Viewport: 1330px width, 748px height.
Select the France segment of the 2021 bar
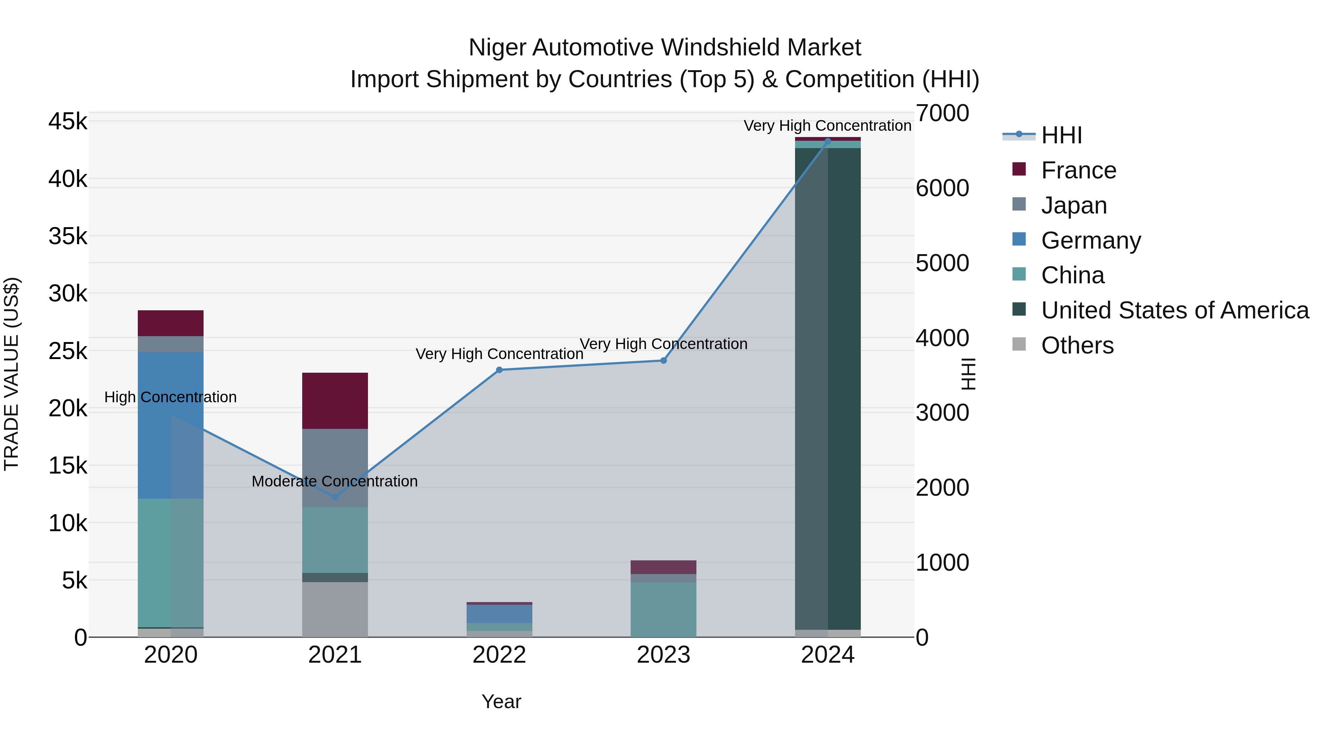(335, 400)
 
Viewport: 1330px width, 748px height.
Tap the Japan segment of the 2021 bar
(335, 467)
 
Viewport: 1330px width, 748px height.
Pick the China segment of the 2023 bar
(664, 609)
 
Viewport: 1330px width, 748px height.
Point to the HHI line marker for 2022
(499, 370)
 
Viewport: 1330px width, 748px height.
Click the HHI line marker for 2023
(664, 360)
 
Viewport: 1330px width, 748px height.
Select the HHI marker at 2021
(335, 497)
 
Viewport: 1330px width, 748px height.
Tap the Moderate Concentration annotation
(335, 481)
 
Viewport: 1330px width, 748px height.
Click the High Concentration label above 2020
(170, 397)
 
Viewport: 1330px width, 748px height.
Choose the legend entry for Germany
(1091, 240)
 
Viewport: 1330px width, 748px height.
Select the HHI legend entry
(1061, 135)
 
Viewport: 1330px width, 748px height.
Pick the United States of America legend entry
(1174, 310)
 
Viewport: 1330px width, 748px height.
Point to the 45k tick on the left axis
(68, 122)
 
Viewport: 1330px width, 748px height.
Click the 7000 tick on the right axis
(942, 113)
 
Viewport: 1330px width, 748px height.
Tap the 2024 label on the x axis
(828, 655)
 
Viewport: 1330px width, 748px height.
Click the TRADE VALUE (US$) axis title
(11, 374)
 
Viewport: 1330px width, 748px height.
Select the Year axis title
(501, 701)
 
